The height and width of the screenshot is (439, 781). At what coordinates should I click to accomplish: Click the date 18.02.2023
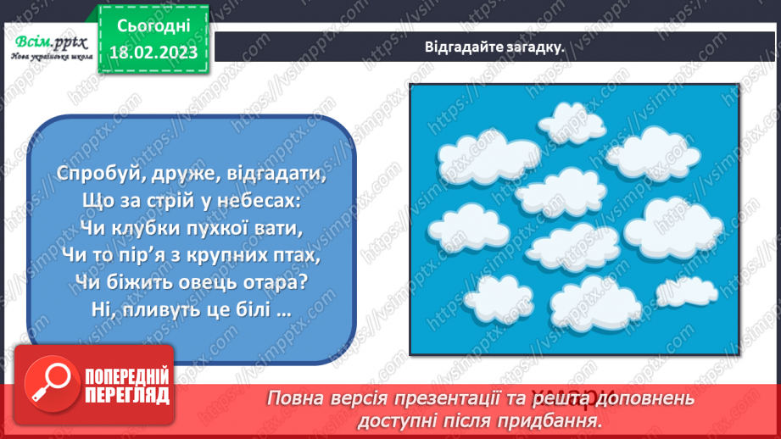coord(153,53)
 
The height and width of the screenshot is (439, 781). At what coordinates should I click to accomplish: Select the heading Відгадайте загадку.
coord(495,47)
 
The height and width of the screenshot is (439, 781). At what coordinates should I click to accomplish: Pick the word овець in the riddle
coord(199,281)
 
